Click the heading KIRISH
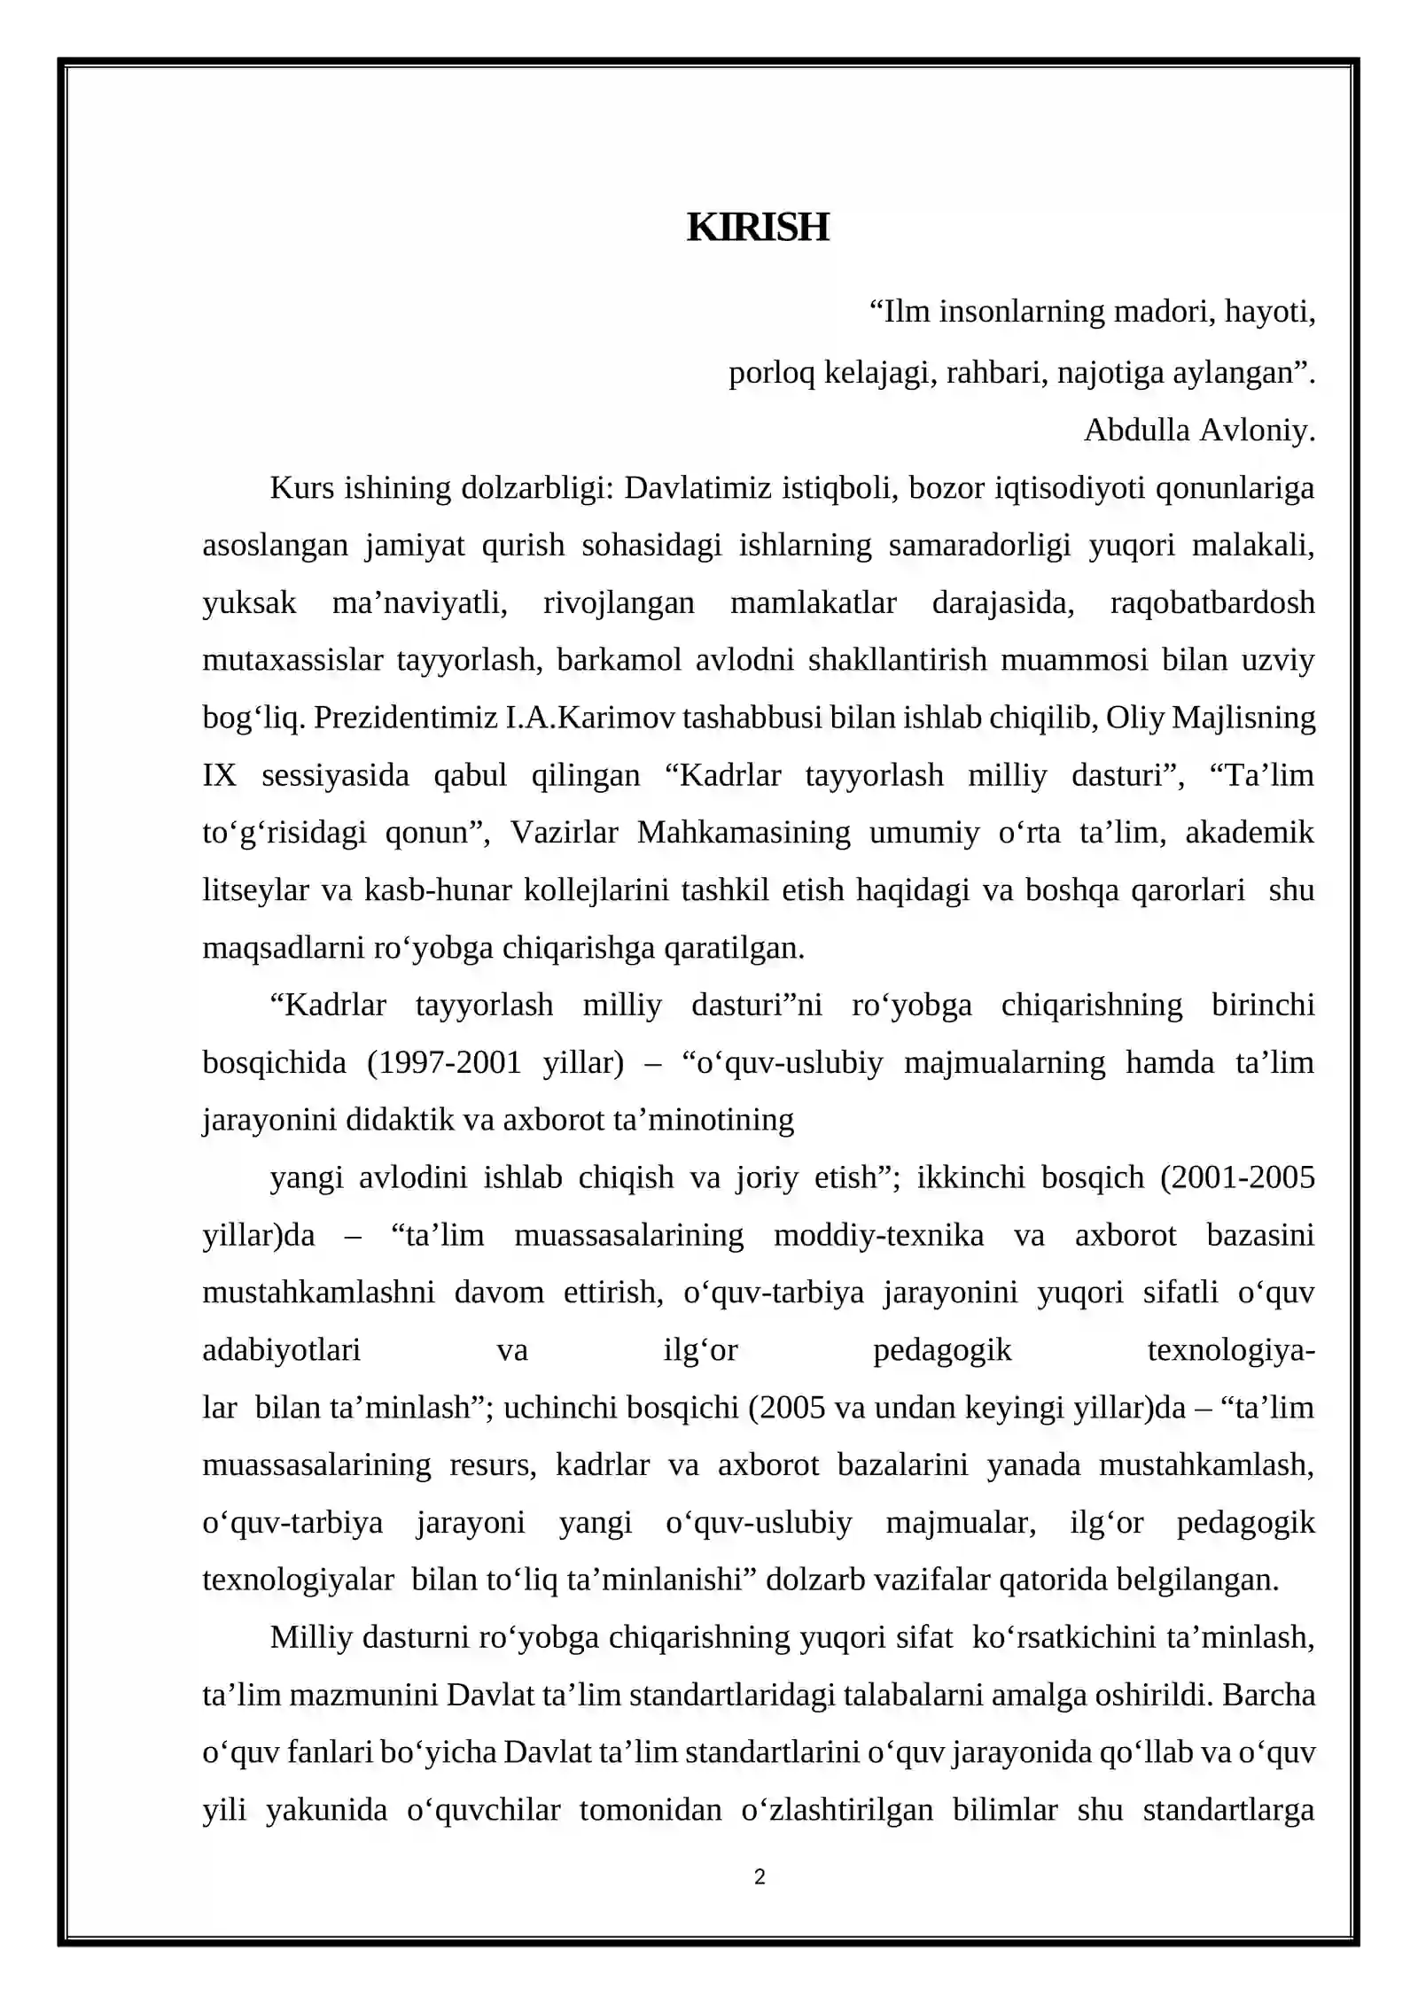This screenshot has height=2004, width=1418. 758,228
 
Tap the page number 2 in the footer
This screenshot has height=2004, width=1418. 760,1876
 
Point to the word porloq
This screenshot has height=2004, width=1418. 771,373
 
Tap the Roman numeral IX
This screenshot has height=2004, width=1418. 220,775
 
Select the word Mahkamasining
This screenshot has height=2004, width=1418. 744,833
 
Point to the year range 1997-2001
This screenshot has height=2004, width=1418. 444,1062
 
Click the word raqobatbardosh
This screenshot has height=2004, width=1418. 1212,603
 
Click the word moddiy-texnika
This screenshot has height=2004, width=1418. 878,1235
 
